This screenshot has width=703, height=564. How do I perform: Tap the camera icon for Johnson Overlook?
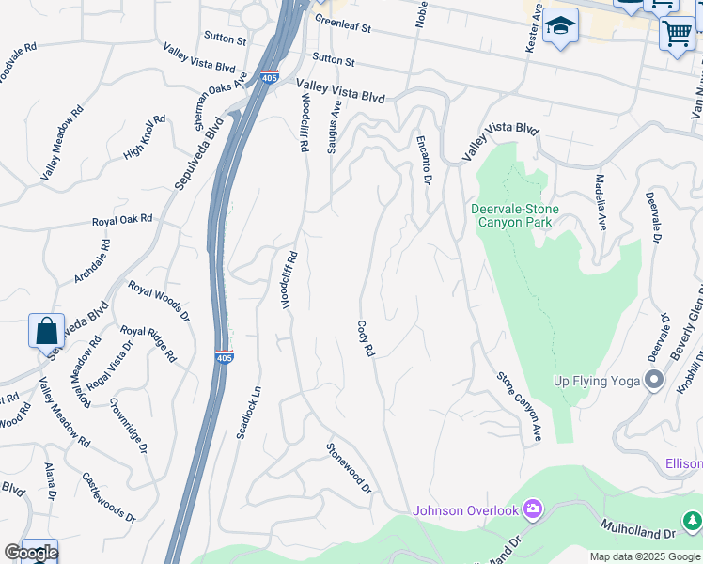click(x=533, y=509)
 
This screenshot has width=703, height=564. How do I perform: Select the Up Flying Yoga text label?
click(x=596, y=381)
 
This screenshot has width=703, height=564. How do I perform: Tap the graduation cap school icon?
click(x=560, y=27)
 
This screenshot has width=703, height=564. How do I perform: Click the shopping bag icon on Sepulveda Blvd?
click(x=46, y=331)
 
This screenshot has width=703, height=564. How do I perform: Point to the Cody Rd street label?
click(x=366, y=338)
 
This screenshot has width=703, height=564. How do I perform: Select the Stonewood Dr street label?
click(x=349, y=469)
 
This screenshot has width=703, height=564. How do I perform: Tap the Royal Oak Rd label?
click(x=121, y=220)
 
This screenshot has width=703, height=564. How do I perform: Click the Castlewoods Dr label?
click(x=108, y=497)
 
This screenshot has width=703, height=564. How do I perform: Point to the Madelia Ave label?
click(x=600, y=201)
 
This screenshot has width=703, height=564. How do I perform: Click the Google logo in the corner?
click(x=31, y=553)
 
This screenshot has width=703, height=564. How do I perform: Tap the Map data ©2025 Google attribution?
click(x=644, y=556)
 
